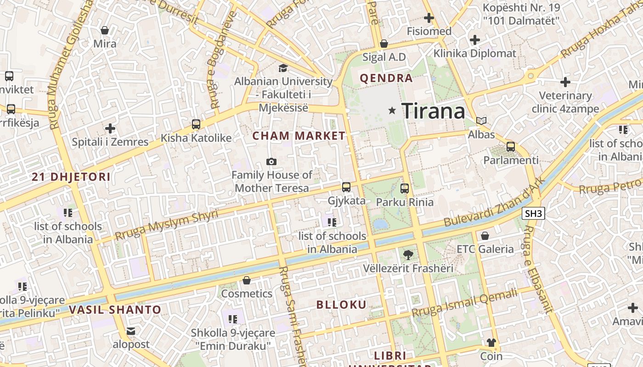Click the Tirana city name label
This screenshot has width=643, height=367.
[x=433, y=111]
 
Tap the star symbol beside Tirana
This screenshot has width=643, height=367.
[x=392, y=111]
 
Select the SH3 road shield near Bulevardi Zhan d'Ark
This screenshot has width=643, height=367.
[x=533, y=213]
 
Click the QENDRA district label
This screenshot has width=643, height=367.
[x=386, y=78]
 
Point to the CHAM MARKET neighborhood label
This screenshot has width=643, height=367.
[x=299, y=136]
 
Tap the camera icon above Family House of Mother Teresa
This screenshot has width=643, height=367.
[x=271, y=161]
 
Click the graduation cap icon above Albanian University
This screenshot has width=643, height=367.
[x=283, y=68]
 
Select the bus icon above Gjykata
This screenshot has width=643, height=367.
[x=346, y=187]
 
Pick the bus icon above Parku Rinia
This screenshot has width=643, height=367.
[x=405, y=188]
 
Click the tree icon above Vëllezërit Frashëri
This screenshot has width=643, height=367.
[x=407, y=255]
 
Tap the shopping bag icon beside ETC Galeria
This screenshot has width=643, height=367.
[x=485, y=236]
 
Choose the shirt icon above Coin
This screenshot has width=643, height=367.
[x=491, y=343]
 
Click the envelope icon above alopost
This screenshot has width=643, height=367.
[x=131, y=331]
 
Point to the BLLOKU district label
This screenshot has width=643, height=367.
[x=341, y=305]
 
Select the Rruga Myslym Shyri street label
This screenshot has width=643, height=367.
[x=166, y=225]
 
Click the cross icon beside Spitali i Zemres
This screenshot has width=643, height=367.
[x=110, y=128]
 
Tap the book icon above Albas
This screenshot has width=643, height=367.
[x=481, y=121]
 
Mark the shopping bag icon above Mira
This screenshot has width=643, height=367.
[x=105, y=30]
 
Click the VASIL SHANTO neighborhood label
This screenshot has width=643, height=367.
[x=115, y=310]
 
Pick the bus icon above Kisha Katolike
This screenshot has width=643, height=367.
[x=196, y=124]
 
